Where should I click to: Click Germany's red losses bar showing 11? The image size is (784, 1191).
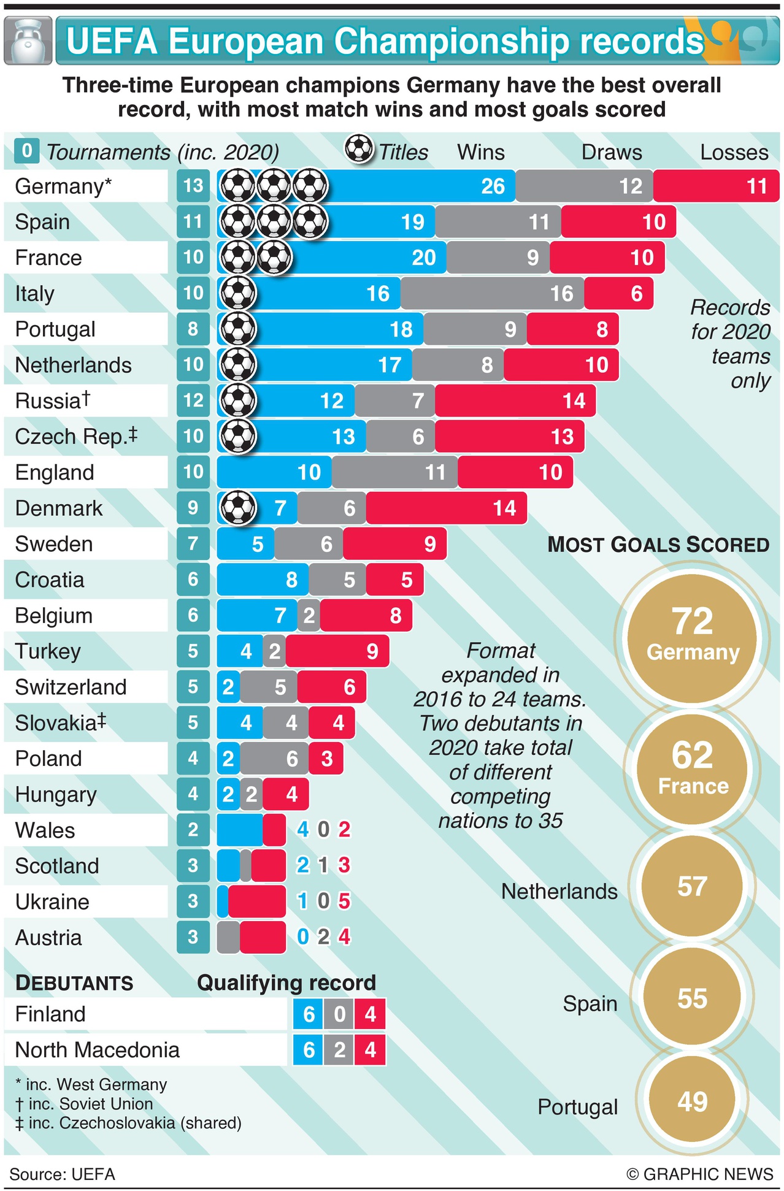click(715, 186)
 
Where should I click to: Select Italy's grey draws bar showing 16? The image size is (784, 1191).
click(492, 293)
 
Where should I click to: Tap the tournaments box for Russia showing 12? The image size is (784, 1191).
click(193, 400)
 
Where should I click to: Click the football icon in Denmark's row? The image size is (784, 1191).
click(238, 508)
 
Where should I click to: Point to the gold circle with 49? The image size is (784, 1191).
click(692, 1101)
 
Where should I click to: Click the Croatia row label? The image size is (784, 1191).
click(50, 580)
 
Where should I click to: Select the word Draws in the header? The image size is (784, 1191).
click(611, 152)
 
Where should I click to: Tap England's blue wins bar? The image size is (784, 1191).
click(274, 472)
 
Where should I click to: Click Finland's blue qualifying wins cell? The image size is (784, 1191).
click(308, 1014)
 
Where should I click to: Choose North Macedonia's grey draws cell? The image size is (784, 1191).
click(339, 1050)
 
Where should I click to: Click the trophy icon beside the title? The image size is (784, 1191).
click(28, 41)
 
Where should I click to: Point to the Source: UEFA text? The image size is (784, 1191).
click(62, 1174)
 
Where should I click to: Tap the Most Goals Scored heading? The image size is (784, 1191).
click(658, 545)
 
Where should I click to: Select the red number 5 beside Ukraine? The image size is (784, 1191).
click(344, 901)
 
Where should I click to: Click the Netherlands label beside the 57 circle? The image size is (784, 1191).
click(559, 891)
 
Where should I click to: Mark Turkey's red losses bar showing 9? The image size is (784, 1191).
click(337, 651)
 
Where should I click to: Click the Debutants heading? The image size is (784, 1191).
click(74, 982)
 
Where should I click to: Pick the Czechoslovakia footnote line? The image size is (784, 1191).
click(128, 1122)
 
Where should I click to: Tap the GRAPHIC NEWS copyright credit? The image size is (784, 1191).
click(699, 1174)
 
